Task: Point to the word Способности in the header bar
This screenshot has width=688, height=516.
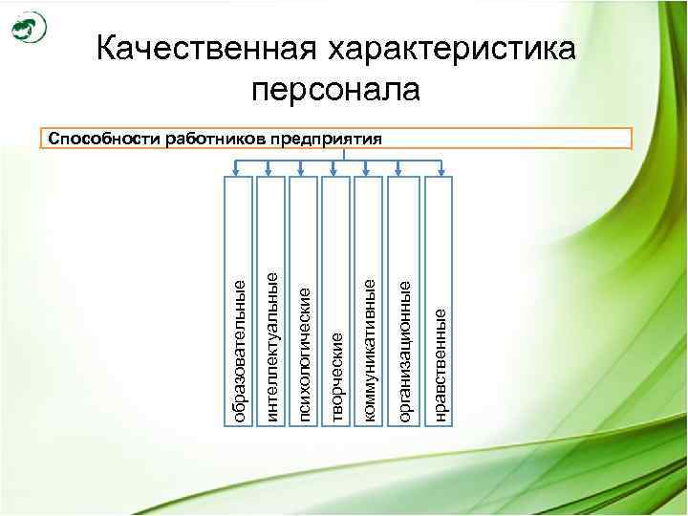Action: tap(104, 138)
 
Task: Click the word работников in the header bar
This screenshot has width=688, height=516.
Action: tap(216, 138)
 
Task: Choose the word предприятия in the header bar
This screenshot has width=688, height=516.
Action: tap(326, 138)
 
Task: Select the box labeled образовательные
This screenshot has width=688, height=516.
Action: tap(239, 301)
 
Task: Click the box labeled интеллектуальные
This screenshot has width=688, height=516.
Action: tap(271, 301)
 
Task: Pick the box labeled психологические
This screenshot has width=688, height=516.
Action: tap(304, 301)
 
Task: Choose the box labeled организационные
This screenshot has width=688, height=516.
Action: tap(404, 301)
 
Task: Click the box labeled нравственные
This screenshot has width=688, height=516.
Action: tap(439, 301)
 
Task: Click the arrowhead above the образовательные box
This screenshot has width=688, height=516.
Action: tap(239, 173)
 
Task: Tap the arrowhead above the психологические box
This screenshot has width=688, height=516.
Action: tap(304, 173)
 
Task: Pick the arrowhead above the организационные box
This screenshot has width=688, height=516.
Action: tap(404, 173)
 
